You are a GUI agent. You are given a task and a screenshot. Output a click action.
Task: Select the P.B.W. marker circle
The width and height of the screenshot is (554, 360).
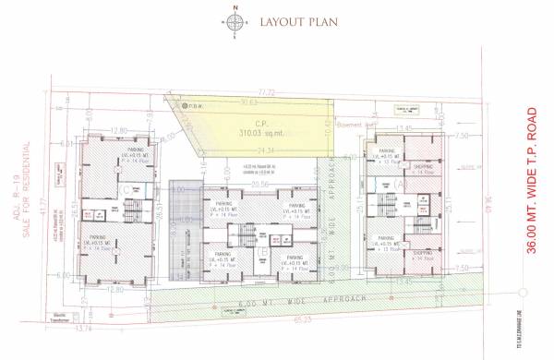pyautogui.click(x=183, y=105)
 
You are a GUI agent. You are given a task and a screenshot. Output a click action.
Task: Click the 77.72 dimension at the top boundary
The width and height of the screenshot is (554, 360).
pyautogui.click(x=267, y=92)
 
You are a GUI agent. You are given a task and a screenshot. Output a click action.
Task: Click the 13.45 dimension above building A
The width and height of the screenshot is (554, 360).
pyautogui.click(x=403, y=128)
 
